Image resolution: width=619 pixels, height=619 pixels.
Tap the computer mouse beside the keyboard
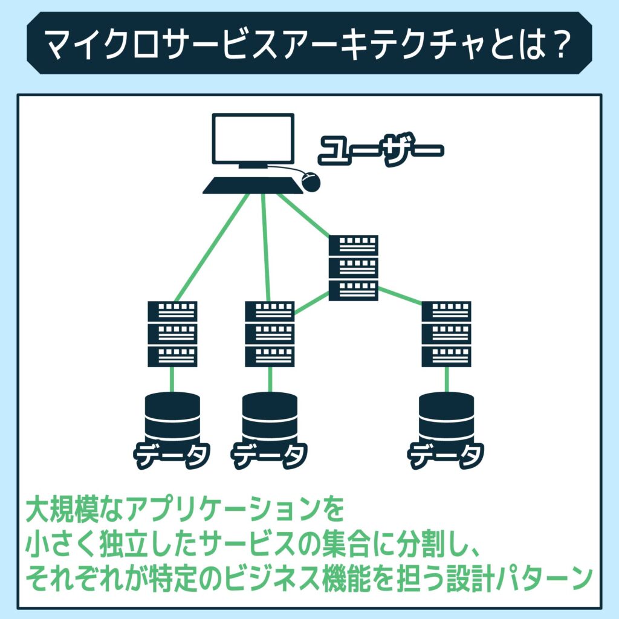[x=310, y=181]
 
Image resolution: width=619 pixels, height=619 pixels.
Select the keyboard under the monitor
[x=253, y=186]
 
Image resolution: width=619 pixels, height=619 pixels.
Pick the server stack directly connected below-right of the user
[x=354, y=268]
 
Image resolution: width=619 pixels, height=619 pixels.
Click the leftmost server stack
[x=173, y=334]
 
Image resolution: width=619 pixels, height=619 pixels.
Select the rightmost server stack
[x=447, y=334]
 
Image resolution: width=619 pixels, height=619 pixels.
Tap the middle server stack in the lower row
[x=270, y=334]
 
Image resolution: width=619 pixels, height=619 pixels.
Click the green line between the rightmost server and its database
[x=447, y=380]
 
